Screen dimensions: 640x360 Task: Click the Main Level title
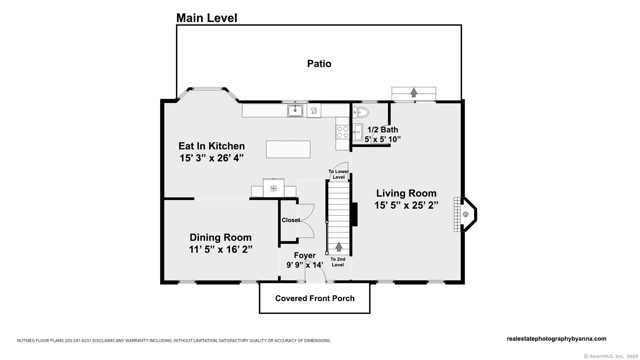point(207,18)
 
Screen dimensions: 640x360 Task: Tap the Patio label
point(319,64)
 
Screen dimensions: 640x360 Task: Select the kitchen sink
point(295,110)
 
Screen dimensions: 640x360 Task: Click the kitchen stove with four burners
point(342,132)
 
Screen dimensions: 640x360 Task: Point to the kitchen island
point(288,149)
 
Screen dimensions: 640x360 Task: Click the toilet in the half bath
point(360,112)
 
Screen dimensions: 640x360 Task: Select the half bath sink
point(358,132)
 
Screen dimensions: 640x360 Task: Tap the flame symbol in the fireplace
point(465,215)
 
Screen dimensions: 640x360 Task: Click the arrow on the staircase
point(339,246)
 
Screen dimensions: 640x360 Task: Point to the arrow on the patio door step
point(414,92)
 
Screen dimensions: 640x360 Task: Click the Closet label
point(291,220)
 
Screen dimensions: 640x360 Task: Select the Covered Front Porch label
point(315,298)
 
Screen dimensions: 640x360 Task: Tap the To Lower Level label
point(339,174)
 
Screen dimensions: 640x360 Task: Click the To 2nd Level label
point(338,262)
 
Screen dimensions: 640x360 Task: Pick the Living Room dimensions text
point(406,205)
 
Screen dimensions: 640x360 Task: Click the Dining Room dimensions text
point(221,249)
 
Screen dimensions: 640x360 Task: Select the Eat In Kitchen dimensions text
point(212,158)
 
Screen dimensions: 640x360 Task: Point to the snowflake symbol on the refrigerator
point(274,188)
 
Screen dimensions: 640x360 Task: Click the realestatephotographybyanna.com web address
point(556,339)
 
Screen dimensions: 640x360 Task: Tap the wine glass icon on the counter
point(314,110)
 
